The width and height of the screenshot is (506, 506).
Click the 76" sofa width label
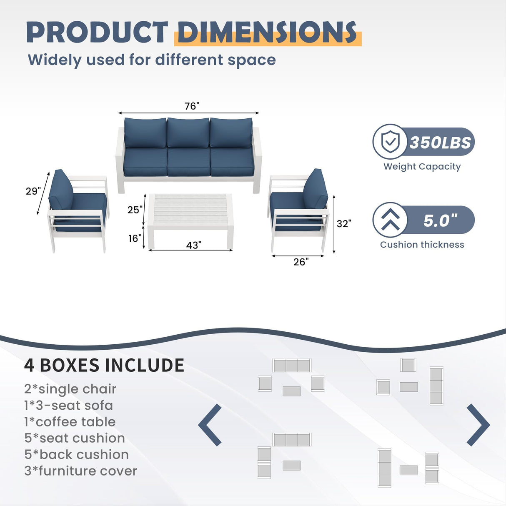(192, 106)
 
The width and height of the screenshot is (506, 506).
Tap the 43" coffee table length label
(194, 245)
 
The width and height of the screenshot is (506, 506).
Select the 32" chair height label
(344, 224)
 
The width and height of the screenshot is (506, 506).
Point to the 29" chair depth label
(33, 191)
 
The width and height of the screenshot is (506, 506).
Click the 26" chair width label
(301, 262)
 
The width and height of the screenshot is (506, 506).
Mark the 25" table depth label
(135, 210)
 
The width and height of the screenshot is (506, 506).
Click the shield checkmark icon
(390, 142)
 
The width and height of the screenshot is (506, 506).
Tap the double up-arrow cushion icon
(390, 220)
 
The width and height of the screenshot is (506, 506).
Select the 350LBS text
(440, 143)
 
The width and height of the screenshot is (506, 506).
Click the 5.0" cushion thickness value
(440, 220)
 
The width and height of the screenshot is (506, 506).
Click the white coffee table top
(190, 209)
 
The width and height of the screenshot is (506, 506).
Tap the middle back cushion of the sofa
(188, 133)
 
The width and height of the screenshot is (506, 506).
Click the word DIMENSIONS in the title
(267, 33)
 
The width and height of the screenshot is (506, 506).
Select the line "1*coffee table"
(70, 422)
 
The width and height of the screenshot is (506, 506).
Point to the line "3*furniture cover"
(80, 471)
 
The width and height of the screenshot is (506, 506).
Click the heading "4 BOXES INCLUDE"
(104, 366)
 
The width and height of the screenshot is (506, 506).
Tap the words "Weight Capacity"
(422, 167)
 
